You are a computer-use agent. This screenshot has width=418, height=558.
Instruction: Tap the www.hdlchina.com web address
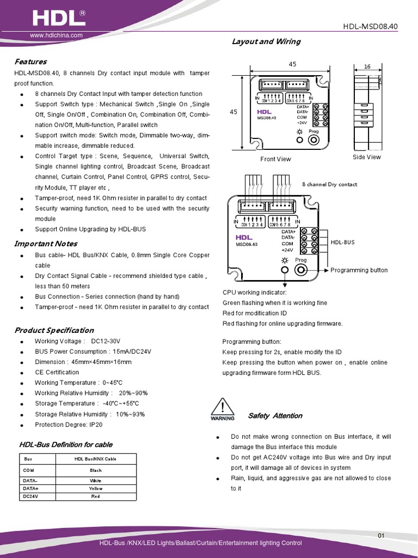56,35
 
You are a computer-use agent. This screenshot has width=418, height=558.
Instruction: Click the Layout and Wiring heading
266,41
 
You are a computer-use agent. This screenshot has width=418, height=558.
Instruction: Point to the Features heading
30,62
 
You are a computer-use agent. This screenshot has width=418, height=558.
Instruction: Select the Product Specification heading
54,330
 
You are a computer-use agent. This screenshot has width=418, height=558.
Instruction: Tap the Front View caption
275,159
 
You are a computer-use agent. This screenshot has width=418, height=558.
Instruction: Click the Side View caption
367,157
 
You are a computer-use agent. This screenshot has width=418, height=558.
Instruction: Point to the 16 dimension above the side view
367,66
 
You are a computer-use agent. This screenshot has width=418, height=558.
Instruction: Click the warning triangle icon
222,409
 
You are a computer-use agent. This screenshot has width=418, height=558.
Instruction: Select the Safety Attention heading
275,416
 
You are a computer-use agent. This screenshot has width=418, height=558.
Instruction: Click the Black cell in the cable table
96,470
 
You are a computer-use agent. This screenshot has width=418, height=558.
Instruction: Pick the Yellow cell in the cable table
96,489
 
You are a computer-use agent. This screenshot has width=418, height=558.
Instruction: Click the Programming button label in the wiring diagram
359,270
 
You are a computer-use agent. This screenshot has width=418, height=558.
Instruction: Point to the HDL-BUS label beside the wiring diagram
342,242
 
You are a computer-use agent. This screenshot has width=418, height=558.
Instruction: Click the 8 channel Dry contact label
330,184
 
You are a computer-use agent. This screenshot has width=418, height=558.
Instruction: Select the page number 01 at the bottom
381,536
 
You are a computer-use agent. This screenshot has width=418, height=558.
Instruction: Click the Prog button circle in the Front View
313,139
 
